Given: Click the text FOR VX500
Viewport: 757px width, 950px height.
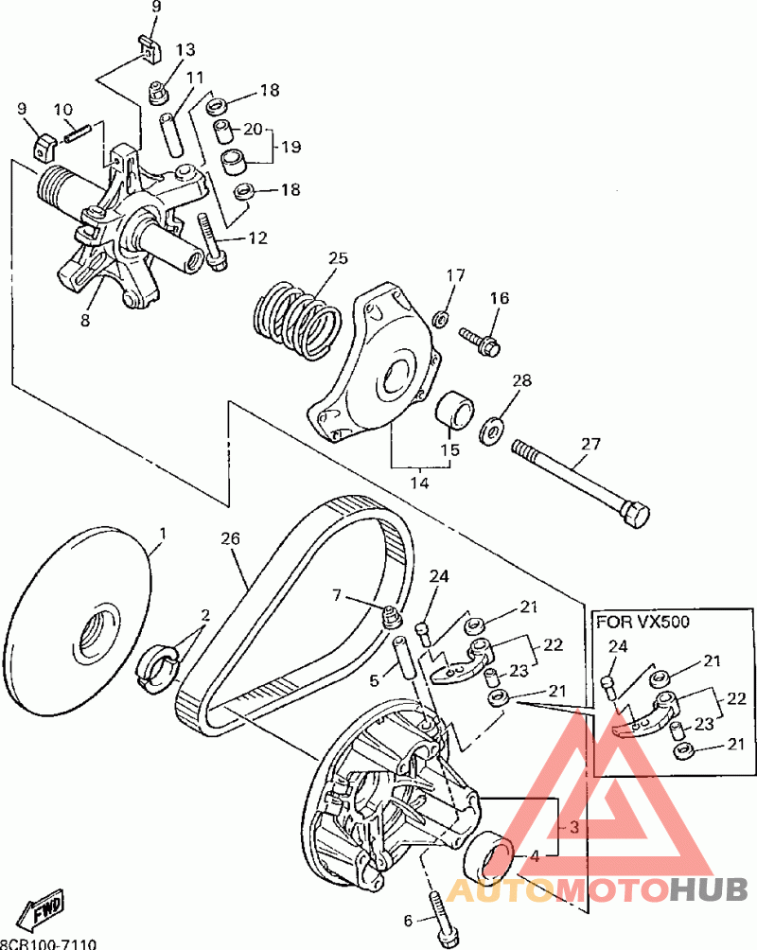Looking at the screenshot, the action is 642,623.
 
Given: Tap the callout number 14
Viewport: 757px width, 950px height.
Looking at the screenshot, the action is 419,483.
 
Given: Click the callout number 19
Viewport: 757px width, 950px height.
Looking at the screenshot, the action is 290,147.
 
